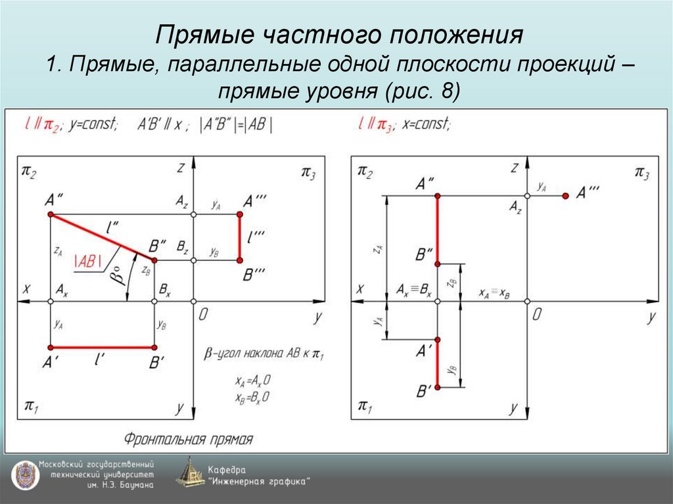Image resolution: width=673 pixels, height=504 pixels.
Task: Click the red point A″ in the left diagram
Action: (x=51, y=215)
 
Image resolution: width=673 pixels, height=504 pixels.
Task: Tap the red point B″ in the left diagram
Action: (x=154, y=260)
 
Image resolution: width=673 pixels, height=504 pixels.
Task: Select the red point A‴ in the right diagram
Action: (x=565, y=196)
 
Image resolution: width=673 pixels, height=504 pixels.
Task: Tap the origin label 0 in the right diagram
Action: (x=537, y=315)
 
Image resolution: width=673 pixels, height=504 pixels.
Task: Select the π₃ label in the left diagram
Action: (x=308, y=173)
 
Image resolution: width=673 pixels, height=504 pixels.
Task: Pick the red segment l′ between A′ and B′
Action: (x=102, y=347)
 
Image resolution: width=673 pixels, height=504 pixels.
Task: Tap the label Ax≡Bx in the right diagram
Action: (x=414, y=289)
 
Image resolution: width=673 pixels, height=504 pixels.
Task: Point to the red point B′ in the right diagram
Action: (x=438, y=387)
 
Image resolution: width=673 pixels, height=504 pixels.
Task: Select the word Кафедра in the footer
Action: (x=227, y=469)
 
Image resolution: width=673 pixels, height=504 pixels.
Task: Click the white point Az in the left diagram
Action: (x=193, y=215)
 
